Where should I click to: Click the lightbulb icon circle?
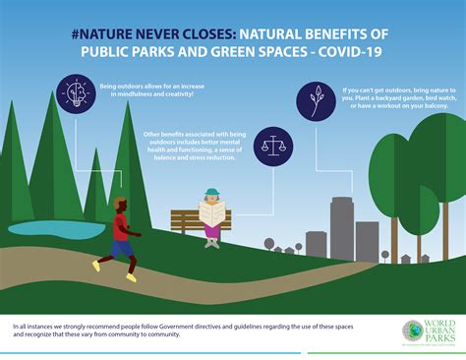point(73,92)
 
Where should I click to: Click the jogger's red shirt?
point(121,228)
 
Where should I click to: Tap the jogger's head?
point(120,204)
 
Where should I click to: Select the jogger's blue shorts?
point(122,249)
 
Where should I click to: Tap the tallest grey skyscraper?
point(342,226)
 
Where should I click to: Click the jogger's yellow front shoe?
point(96,266)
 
